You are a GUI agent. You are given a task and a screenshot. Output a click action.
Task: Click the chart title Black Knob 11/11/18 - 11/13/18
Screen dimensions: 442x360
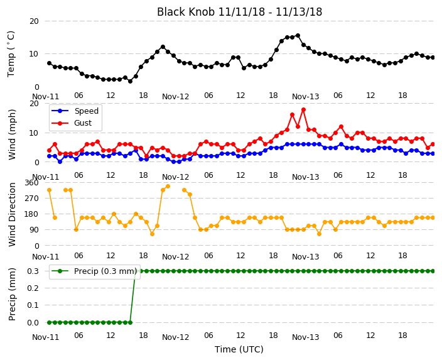coord(239,12)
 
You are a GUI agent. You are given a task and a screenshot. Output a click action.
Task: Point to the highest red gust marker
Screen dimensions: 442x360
coord(304,109)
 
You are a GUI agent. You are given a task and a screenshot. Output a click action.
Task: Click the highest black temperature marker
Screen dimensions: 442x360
coord(298,36)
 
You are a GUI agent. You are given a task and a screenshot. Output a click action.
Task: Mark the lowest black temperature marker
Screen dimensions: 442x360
coord(130,81)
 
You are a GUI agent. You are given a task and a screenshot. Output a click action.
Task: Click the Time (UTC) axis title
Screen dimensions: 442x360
coord(239,349)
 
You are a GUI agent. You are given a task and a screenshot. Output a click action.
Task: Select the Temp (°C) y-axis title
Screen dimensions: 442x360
coord(11,54)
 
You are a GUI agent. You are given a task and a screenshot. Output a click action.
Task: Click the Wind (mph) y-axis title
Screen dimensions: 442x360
coord(12,134)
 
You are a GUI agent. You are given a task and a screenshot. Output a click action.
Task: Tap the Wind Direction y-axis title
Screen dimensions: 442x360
coord(12,214)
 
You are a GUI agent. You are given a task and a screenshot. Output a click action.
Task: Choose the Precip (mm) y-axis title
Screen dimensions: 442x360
coord(12,294)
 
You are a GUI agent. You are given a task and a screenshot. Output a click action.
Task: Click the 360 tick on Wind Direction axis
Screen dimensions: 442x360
coord(31,183)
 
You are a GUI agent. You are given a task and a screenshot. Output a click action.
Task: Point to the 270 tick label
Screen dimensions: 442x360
coord(31,199)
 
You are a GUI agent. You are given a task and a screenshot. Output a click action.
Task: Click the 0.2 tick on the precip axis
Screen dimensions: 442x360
coord(33,288)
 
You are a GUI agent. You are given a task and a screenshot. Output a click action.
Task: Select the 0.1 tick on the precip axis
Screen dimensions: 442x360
coord(33,305)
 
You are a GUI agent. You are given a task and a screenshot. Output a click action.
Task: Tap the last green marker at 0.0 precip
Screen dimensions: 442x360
coord(130,322)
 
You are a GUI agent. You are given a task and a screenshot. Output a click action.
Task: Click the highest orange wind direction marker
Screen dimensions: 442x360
coord(168,186)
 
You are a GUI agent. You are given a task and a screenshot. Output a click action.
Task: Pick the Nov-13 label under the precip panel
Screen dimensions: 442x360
coord(306,337)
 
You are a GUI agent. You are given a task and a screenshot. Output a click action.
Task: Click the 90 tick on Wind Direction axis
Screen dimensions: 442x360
coord(34,230)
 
